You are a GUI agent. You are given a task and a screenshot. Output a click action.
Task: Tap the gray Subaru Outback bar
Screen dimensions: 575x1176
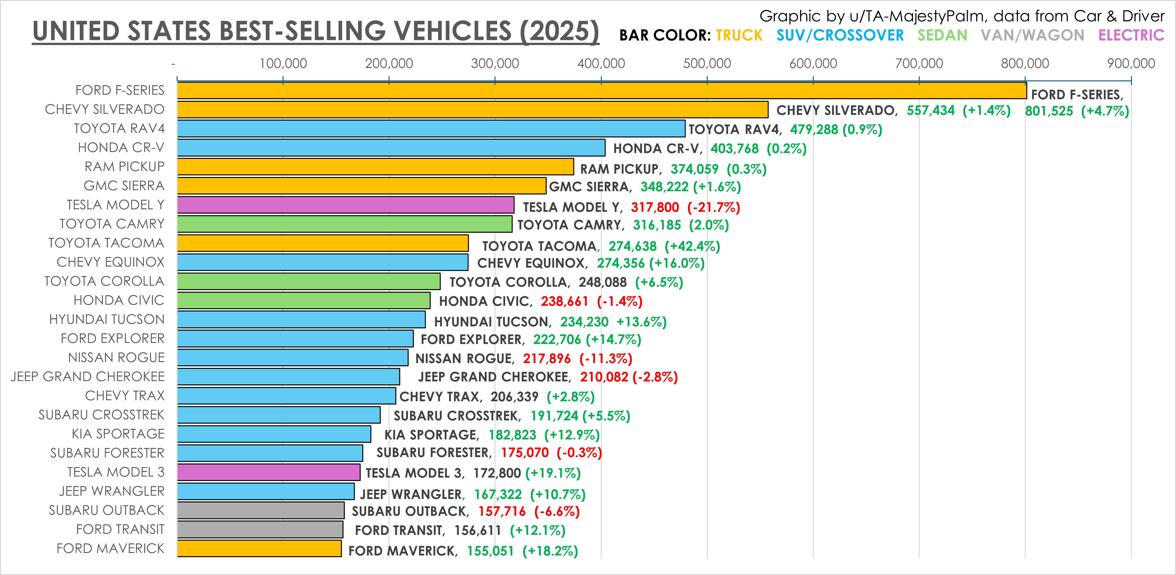point(260,510)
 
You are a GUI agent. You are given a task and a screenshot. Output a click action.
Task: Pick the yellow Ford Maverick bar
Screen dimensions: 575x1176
point(259,548)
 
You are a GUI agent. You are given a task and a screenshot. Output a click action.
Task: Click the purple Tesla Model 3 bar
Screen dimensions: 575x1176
point(268,472)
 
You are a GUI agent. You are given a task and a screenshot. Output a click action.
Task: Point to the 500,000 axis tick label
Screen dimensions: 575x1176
point(707,64)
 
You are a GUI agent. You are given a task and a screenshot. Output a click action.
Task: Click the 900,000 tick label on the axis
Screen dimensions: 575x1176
point(1131,64)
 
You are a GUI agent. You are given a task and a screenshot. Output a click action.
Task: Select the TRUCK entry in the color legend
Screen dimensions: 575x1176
point(739,35)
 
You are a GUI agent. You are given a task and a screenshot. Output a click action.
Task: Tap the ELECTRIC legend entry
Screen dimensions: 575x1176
point(1131,35)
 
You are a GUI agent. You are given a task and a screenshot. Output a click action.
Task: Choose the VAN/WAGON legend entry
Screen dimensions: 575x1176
point(1032,35)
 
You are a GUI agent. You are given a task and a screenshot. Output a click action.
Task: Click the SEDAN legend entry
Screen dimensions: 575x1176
point(942,35)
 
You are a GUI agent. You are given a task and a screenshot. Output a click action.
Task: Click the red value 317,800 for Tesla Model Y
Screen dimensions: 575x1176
point(655,207)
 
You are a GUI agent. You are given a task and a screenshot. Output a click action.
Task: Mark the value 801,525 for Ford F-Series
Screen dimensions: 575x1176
point(1049,111)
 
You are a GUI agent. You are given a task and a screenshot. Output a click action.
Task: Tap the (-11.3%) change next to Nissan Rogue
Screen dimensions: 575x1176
point(605,358)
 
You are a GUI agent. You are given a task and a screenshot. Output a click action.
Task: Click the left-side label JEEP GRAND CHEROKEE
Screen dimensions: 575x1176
point(87,376)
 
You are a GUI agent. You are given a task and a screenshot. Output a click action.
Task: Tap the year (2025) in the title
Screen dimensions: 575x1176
point(559,31)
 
